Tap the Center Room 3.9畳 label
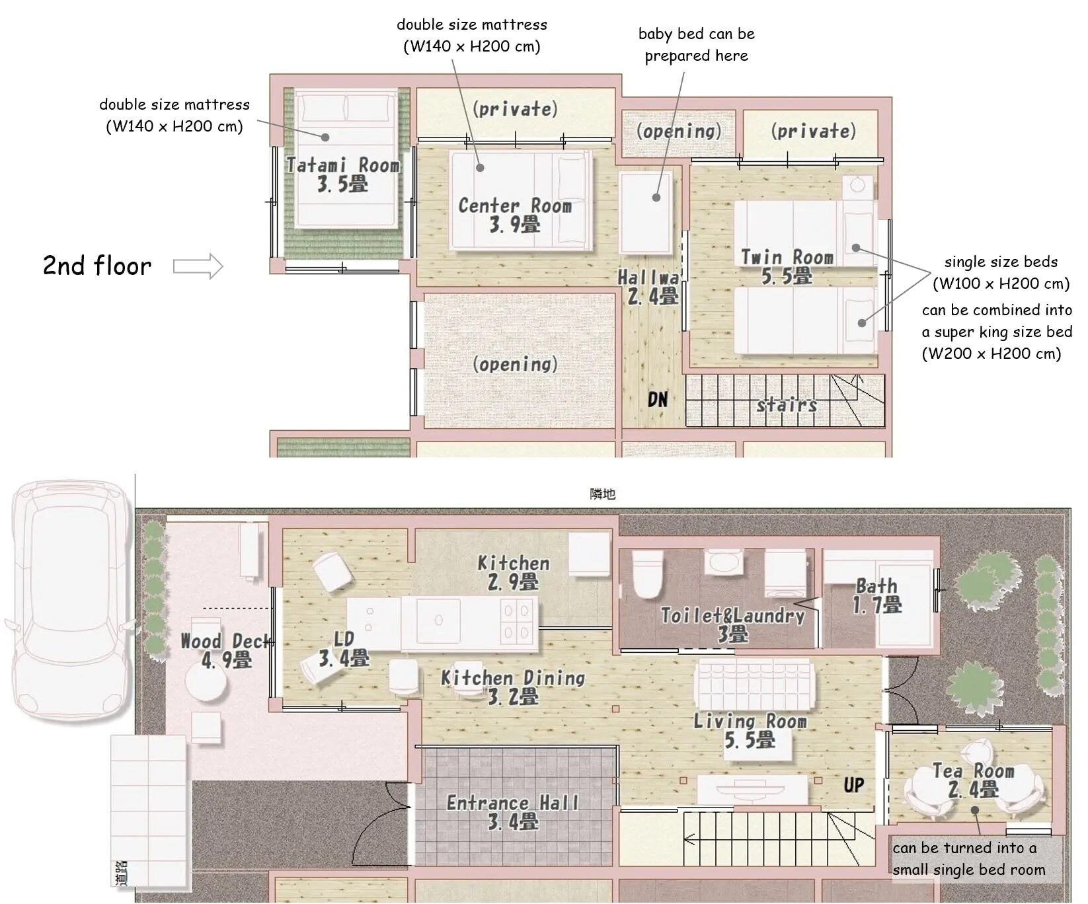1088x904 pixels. click(515, 215)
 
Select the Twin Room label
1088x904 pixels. click(787, 266)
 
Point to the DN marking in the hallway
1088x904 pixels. click(658, 399)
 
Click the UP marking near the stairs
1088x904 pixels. click(853, 785)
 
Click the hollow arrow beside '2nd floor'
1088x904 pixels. click(198, 266)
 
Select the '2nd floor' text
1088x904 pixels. click(97, 266)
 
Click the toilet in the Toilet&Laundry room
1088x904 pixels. click(647, 574)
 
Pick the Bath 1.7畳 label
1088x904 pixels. click(877, 595)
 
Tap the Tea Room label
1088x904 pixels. click(973, 780)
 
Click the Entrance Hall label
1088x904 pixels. click(513, 812)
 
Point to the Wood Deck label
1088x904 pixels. click(226, 650)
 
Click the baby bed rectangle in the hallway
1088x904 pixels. click(646, 212)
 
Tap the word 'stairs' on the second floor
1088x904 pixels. click(787, 404)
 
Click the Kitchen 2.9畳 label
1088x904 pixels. click(514, 572)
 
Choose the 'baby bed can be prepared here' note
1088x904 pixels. click(696, 44)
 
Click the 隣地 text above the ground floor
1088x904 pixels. click(602, 494)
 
